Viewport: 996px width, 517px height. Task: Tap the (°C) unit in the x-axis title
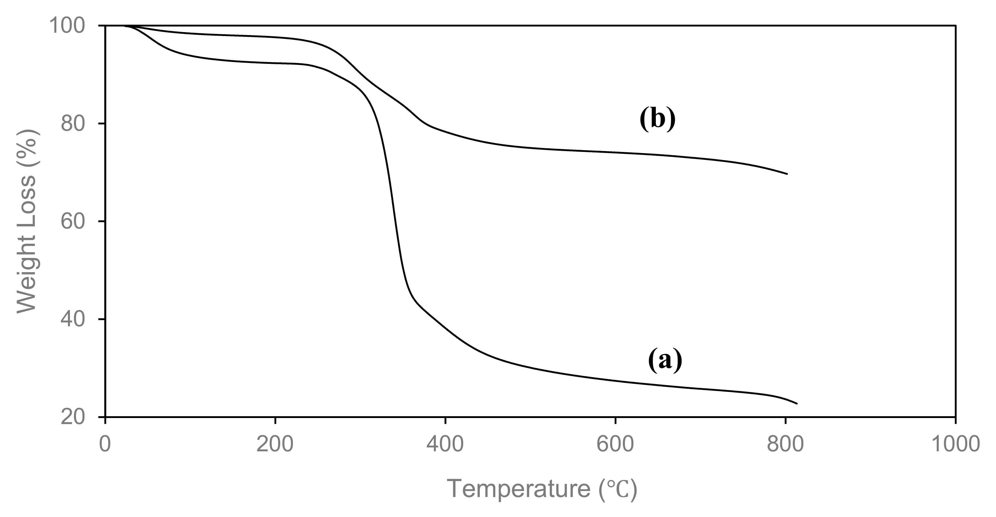point(617,489)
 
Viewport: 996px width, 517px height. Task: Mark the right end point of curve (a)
point(797,403)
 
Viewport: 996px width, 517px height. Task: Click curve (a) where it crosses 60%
point(395,221)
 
